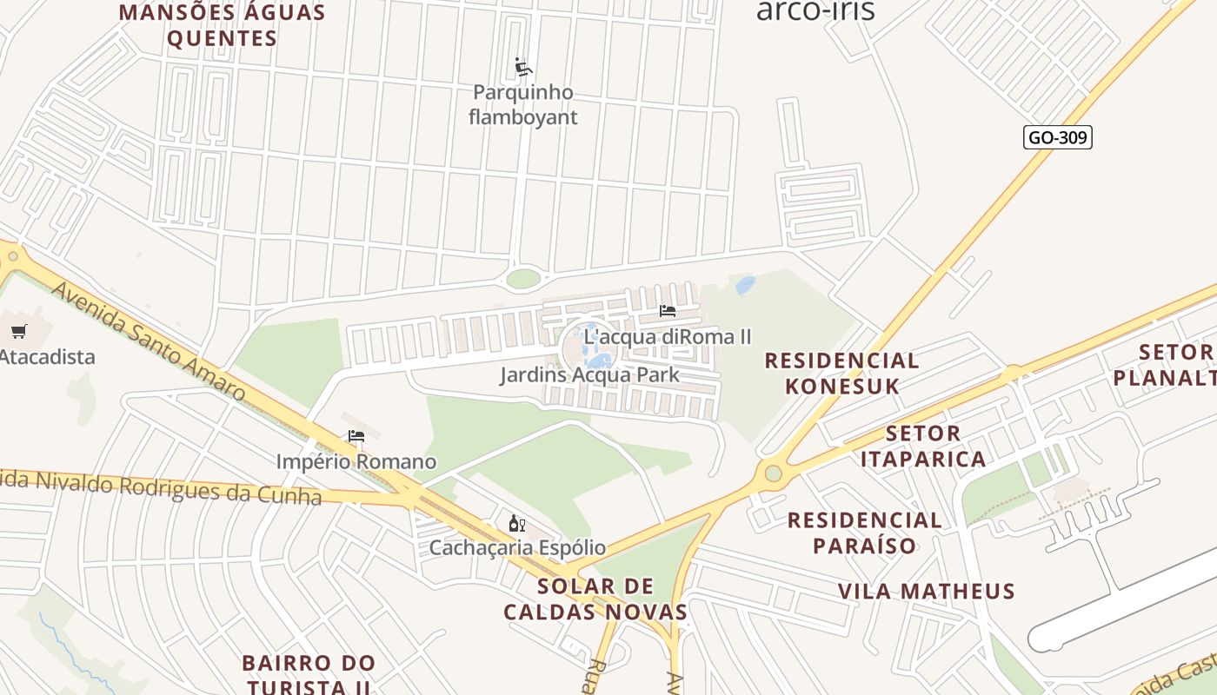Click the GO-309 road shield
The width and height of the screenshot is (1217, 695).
click(1057, 137)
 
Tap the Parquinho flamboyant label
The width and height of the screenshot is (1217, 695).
click(522, 104)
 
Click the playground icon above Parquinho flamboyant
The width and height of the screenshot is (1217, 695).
click(523, 67)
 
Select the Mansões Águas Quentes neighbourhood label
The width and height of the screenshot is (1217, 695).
click(222, 25)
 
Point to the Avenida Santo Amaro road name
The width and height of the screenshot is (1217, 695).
click(148, 341)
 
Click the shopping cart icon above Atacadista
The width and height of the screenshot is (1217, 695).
click(19, 331)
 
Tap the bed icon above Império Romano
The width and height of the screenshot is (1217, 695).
click(356, 436)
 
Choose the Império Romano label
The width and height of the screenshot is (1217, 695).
click(356, 461)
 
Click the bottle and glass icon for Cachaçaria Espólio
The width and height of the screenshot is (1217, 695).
click(516, 523)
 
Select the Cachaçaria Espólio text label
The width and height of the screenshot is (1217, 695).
click(517, 548)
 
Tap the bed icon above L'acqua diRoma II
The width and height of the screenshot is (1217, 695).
click(667, 311)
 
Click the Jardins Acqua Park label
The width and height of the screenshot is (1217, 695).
click(589, 375)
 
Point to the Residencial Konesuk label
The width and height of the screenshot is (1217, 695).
click(841, 373)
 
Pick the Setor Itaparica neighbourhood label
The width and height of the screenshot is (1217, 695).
click(923, 446)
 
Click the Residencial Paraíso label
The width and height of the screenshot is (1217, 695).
click(864, 533)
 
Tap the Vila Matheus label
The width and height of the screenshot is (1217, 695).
click(926, 592)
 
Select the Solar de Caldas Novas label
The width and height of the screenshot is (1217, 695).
click(595, 599)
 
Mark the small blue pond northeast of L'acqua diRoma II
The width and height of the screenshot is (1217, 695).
click(745, 285)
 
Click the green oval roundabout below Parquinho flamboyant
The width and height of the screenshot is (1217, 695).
click(522, 278)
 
